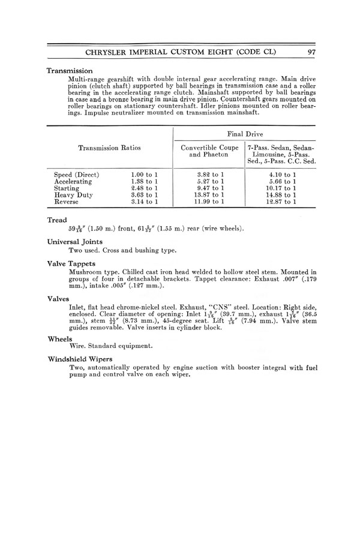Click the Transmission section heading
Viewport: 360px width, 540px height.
pyautogui.click(x=70, y=71)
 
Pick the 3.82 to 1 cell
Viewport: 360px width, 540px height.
pyautogui.click(x=206, y=175)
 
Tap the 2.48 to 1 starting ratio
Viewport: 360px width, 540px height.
pyautogui.click(x=143, y=188)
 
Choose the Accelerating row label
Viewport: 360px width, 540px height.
pyautogui.click(x=73, y=182)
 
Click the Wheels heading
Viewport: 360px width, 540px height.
pyautogui.click(x=59, y=338)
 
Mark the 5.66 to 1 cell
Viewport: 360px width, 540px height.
pyautogui.click(x=281, y=182)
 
